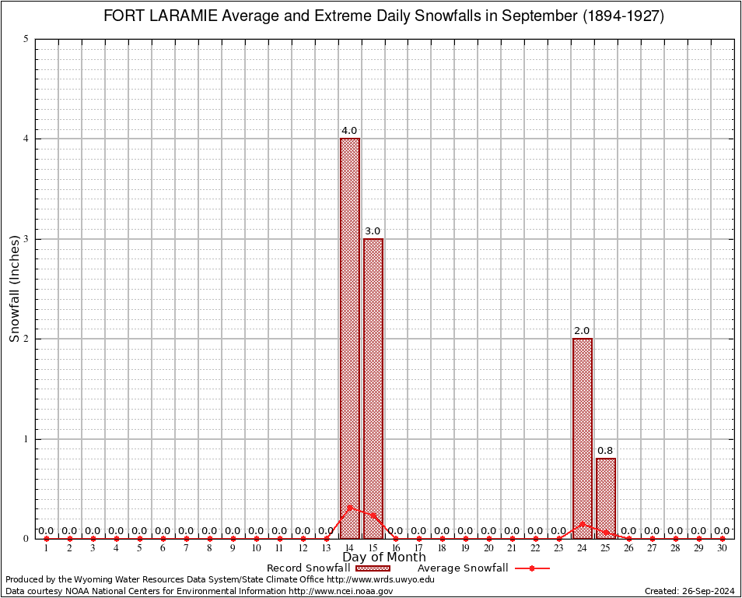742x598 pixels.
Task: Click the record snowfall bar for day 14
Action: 349,327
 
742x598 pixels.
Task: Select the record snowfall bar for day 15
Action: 373,382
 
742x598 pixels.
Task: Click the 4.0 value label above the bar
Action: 349,131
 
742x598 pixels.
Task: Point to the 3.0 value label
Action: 373,231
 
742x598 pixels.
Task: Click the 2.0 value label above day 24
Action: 582,331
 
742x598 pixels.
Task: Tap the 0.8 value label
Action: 605,451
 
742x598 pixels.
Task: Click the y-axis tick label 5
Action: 26,39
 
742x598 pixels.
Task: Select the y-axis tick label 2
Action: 26,339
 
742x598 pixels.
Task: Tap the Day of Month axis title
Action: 384,558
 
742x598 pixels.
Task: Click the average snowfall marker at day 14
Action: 349,507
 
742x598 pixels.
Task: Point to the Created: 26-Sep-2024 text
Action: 689,591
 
